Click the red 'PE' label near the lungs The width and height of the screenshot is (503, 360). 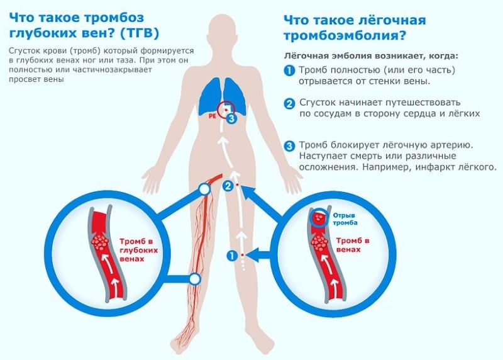click(x=213, y=116)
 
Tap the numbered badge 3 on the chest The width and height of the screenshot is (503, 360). click(x=231, y=118)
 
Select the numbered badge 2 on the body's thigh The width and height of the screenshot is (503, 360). click(x=228, y=186)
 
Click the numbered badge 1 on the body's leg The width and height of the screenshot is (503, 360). click(x=232, y=256)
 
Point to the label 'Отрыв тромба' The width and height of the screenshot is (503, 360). click(x=345, y=219)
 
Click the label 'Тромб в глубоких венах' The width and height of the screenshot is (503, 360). click(x=138, y=250)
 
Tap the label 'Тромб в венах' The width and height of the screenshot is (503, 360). click(x=353, y=245)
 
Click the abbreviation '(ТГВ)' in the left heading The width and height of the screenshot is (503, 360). click(x=140, y=33)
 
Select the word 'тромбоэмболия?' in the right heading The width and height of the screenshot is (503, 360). click(x=345, y=35)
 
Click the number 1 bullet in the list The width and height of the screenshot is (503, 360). click(x=289, y=70)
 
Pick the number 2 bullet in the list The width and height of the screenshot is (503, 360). click(x=289, y=103)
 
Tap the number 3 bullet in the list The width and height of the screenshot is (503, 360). click(x=289, y=146)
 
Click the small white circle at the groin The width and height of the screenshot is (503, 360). click(x=204, y=189)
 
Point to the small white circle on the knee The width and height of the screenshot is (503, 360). click(x=194, y=279)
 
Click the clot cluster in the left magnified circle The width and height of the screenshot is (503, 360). click(x=100, y=242)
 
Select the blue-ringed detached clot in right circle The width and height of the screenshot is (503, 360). click(x=319, y=218)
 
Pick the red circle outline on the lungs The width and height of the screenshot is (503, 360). click(x=217, y=110)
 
